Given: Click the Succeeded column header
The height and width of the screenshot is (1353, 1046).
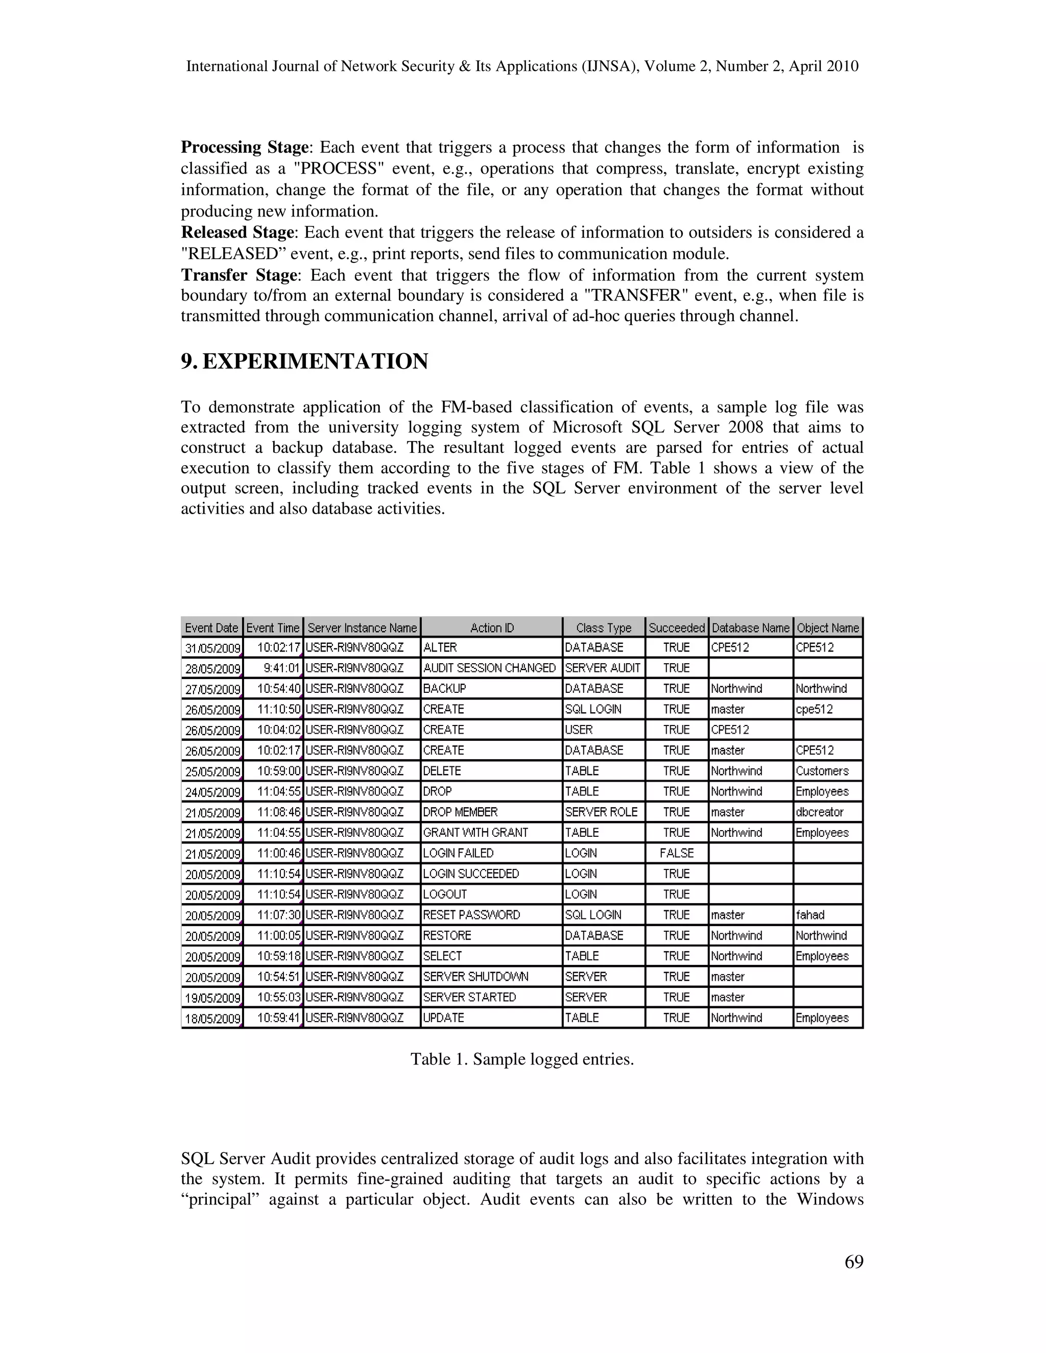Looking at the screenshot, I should (x=676, y=627).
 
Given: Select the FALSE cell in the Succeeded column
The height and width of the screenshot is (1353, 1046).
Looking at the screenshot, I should (x=676, y=853).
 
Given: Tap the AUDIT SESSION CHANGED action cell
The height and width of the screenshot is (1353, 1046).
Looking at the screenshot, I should (x=489, y=668).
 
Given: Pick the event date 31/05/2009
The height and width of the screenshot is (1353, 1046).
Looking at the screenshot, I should (x=212, y=648).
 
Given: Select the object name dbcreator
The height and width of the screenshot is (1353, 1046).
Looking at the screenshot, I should (x=819, y=812).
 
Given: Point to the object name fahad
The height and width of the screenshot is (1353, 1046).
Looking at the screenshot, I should (x=810, y=915).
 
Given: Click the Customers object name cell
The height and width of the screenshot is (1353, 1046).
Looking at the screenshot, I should (x=822, y=771).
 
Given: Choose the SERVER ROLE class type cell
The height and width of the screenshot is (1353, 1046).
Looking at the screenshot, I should (x=601, y=812).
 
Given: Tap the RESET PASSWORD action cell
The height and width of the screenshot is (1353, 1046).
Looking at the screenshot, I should (x=471, y=915).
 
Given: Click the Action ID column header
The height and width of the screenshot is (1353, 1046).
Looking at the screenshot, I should (x=491, y=627).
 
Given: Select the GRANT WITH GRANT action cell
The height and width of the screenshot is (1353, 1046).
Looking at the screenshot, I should (x=476, y=833).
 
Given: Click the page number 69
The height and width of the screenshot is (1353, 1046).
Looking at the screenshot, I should (x=853, y=1262).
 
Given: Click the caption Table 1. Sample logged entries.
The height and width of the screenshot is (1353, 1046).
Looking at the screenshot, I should (x=522, y=1059).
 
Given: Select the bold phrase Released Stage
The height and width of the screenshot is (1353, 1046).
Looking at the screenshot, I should (x=236, y=233).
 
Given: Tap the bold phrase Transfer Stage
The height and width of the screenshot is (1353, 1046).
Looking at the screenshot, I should (x=239, y=275).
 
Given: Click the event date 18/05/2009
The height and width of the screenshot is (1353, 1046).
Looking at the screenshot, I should (x=212, y=1019).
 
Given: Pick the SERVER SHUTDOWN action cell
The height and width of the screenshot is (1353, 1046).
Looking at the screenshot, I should (x=476, y=977).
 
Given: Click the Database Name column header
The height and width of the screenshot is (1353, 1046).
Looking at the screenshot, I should (x=750, y=627).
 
